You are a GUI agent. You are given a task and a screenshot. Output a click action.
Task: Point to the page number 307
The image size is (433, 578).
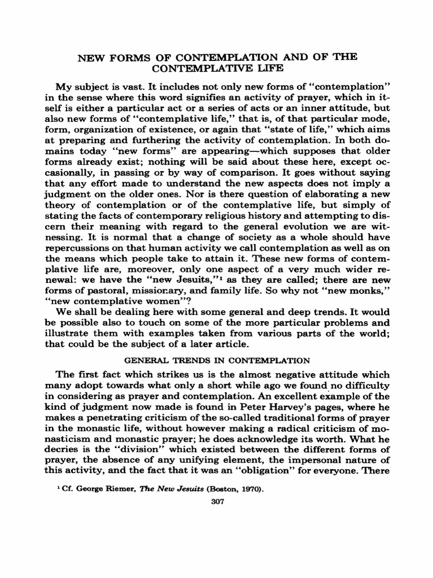tap(216, 503)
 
